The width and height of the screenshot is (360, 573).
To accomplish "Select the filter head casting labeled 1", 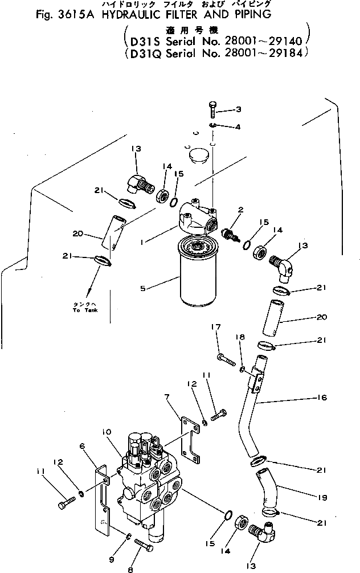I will pyautogui.click(x=197, y=217).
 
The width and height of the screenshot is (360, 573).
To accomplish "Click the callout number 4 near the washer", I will pyautogui.click(x=238, y=126).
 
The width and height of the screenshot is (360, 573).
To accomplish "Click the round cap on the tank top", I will pyautogui.click(x=197, y=155).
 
